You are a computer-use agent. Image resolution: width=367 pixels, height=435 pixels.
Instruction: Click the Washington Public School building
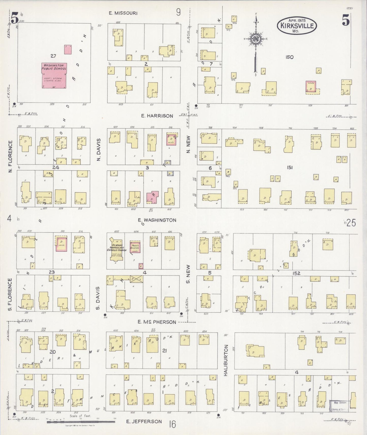click(x=54, y=75)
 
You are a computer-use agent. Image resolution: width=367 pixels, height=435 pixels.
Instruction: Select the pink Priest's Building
click(x=135, y=246)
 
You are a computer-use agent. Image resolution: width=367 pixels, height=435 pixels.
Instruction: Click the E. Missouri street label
click(x=123, y=13)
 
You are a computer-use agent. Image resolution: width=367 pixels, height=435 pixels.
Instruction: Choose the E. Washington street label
click(x=157, y=220)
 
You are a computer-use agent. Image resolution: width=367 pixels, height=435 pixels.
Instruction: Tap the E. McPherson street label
click(x=156, y=322)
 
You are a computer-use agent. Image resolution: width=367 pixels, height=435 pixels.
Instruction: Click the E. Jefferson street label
click(x=144, y=421)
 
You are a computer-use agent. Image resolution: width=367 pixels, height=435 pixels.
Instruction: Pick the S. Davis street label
click(x=98, y=298)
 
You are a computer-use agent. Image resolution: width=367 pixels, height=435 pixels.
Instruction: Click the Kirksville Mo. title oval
click(x=297, y=26)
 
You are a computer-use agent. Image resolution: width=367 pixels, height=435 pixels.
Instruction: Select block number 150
click(x=289, y=57)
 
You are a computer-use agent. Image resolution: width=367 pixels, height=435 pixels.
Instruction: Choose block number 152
click(x=296, y=273)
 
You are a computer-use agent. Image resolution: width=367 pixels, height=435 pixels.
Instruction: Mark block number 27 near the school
click(x=53, y=56)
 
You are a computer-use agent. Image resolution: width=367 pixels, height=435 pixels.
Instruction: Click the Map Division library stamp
click(x=339, y=406)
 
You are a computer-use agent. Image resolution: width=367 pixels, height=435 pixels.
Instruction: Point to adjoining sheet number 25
click(x=351, y=223)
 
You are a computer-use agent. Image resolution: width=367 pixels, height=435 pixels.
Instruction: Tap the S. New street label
click(x=188, y=274)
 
